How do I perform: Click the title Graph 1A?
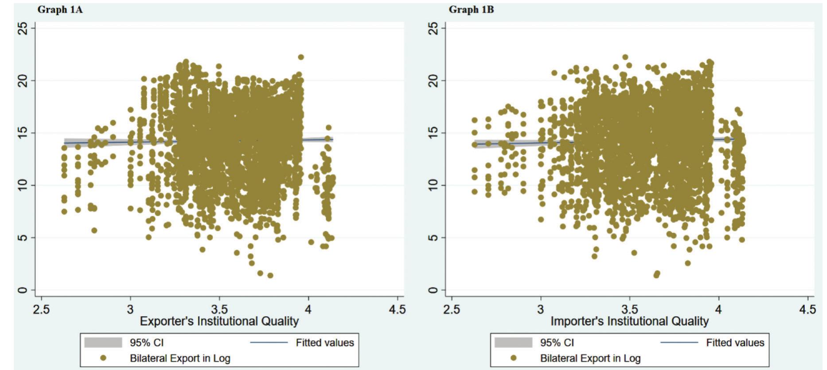tap(60, 10)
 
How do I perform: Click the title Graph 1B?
tap(471, 10)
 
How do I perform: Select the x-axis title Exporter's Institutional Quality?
tap(219, 321)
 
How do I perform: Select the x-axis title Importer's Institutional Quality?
tap(629, 321)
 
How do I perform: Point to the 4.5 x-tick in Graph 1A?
tap(397, 309)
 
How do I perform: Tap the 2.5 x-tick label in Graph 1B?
tap(452, 309)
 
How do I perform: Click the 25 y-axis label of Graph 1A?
tap(23, 29)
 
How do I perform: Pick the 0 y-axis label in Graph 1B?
tap(433, 290)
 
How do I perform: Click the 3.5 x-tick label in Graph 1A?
tap(219, 309)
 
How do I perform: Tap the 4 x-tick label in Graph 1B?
tap(718, 309)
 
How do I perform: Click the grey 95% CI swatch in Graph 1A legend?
tap(103, 343)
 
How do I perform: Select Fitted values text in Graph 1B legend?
tap(735, 343)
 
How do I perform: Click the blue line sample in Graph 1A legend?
tap(269, 343)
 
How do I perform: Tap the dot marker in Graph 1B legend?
tap(513, 358)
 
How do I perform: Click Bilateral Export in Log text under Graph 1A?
tap(180, 358)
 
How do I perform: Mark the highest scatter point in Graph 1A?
tap(301, 57)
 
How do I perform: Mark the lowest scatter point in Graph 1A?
tap(270, 276)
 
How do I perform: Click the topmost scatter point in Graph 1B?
tap(625, 57)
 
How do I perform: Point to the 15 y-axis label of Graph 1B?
tap(433, 132)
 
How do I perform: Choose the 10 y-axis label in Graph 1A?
tap(23, 185)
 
